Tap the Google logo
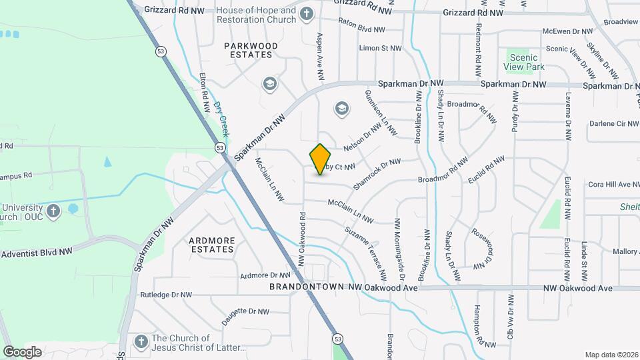click(x=23, y=351)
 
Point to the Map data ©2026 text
click(x=611, y=355)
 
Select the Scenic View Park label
click(x=527, y=62)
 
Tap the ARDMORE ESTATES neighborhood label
click(x=211, y=245)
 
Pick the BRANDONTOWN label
click(x=309, y=287)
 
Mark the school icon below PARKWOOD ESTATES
click(x=269, y=83)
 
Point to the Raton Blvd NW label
click(x=362, y=29)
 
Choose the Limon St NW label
click(x=381, y=48)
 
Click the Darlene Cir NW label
click(x=613, y=124)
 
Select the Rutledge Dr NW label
click(x=166, y=294)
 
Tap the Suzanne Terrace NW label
click(x=365, y=253)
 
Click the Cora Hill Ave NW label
click(x=613, y=184)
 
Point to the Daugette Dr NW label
click(x=245, y=315)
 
